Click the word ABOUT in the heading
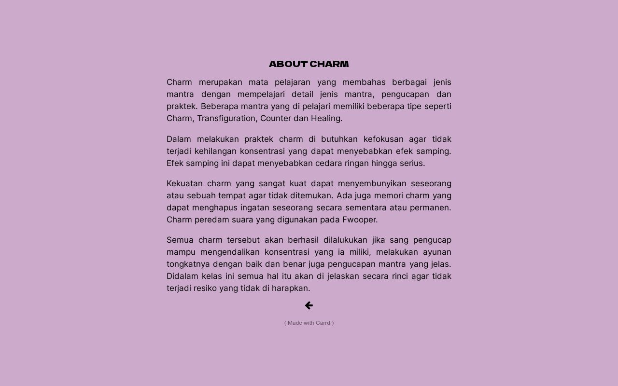point(288,64)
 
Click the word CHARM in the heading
point(329,64)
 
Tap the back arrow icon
point(309,305)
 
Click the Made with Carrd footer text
point(309,323)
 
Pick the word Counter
point(275,118)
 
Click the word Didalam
point(182,276)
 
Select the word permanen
point(430,207)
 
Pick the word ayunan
point(437,252)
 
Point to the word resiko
point(205,288)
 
